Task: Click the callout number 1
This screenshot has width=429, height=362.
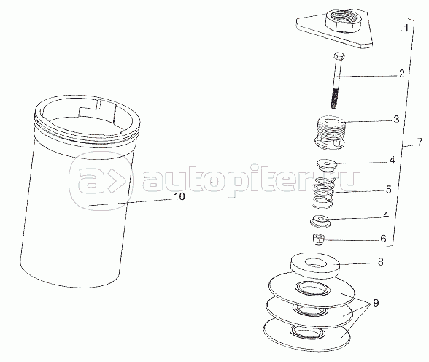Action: click(406, 28)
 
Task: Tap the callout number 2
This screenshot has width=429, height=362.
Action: click(401, 74)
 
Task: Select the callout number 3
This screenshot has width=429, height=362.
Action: click(396, 119)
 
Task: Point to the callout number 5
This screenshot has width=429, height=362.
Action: click(388, 189)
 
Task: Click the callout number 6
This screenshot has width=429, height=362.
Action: click(383, 239)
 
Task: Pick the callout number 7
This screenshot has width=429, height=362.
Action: click(420, 142)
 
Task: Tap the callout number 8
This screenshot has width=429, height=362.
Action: click(380, 262)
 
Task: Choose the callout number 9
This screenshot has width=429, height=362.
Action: click(376, 303)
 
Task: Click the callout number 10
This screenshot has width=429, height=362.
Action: click(179, 196)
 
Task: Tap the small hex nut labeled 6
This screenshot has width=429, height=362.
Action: click(317, 239)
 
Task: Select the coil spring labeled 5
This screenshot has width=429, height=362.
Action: click(324, 193)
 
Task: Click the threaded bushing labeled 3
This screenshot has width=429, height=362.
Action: click(330, 133)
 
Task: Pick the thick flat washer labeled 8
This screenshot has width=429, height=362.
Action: click(314, 266)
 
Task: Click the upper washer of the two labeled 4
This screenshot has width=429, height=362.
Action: click(326, 164)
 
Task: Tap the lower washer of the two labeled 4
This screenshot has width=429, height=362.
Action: click(320, 221)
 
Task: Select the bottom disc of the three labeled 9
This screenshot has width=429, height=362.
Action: click(306, 335)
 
